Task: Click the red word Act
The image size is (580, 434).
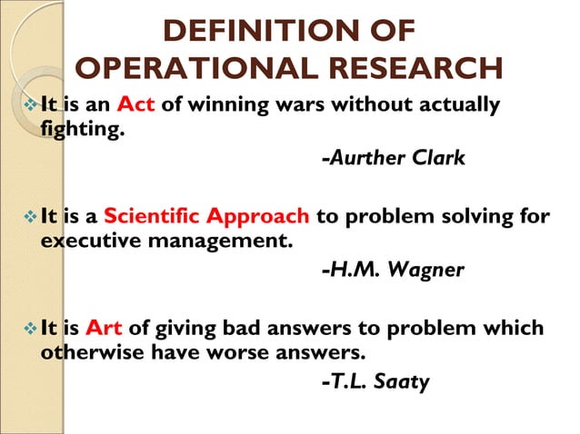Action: point(136,106)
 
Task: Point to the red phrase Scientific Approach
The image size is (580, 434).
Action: point(207,217)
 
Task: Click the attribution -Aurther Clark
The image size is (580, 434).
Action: point(393,158)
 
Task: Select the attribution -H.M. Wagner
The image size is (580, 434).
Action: point(392,270)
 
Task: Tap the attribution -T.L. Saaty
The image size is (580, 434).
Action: point(375,381)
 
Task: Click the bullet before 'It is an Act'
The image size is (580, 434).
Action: point(32,107)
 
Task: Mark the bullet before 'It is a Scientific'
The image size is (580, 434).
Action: point(32,218)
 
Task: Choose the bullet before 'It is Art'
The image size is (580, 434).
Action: point(32,329)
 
